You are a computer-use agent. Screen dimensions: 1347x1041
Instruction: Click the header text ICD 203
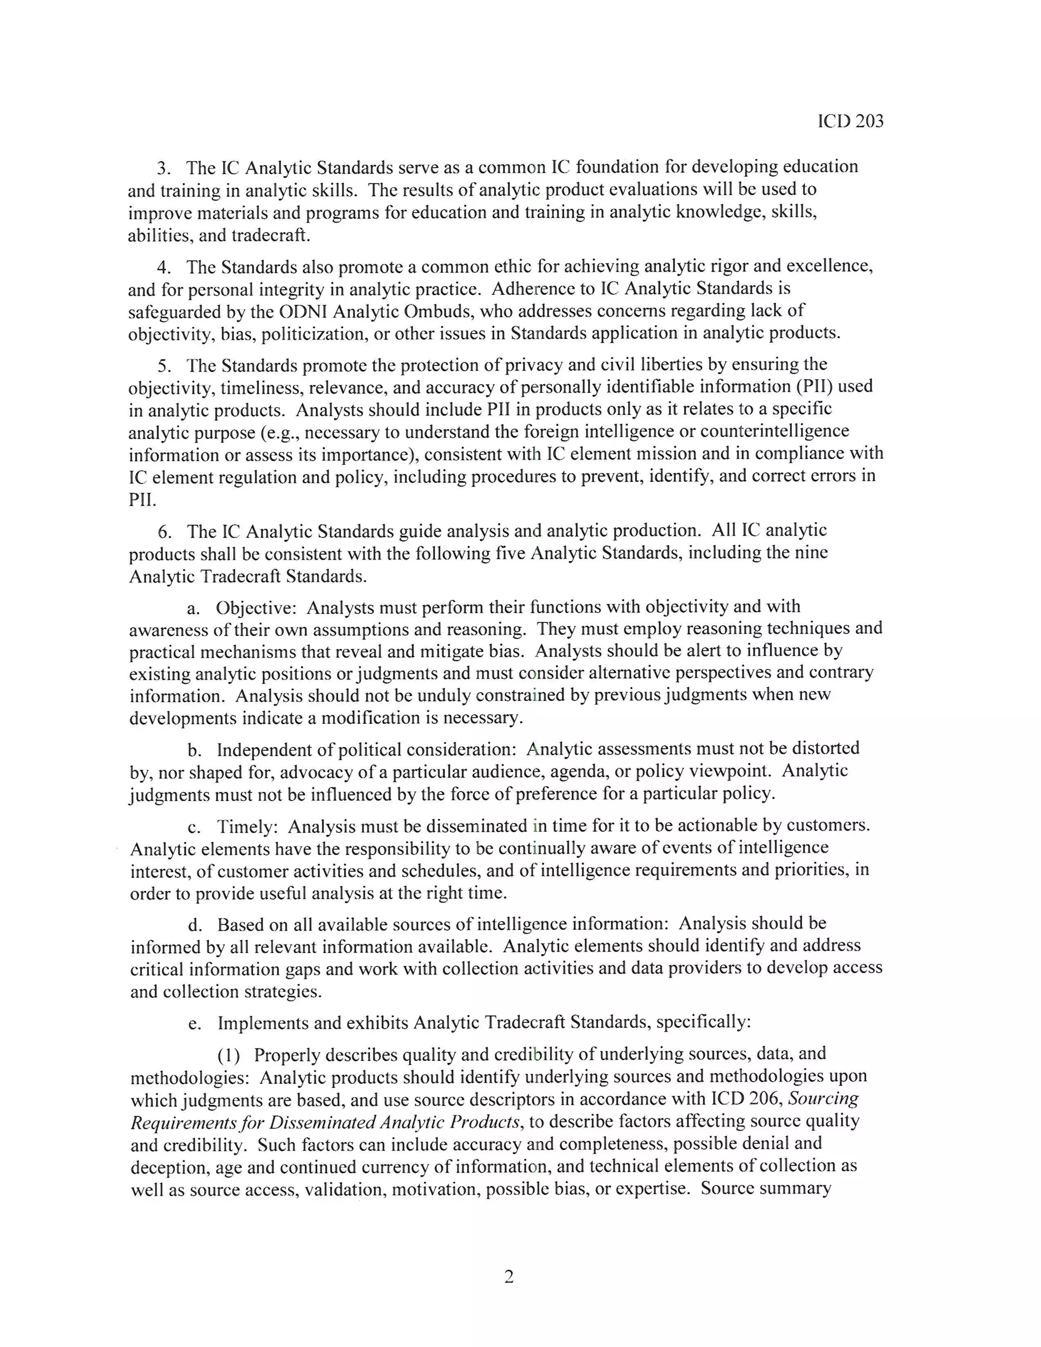click(850, 121)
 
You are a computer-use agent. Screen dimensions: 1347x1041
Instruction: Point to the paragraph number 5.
click(164, 366)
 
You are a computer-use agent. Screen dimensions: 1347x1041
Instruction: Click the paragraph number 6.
click(164, 531)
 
